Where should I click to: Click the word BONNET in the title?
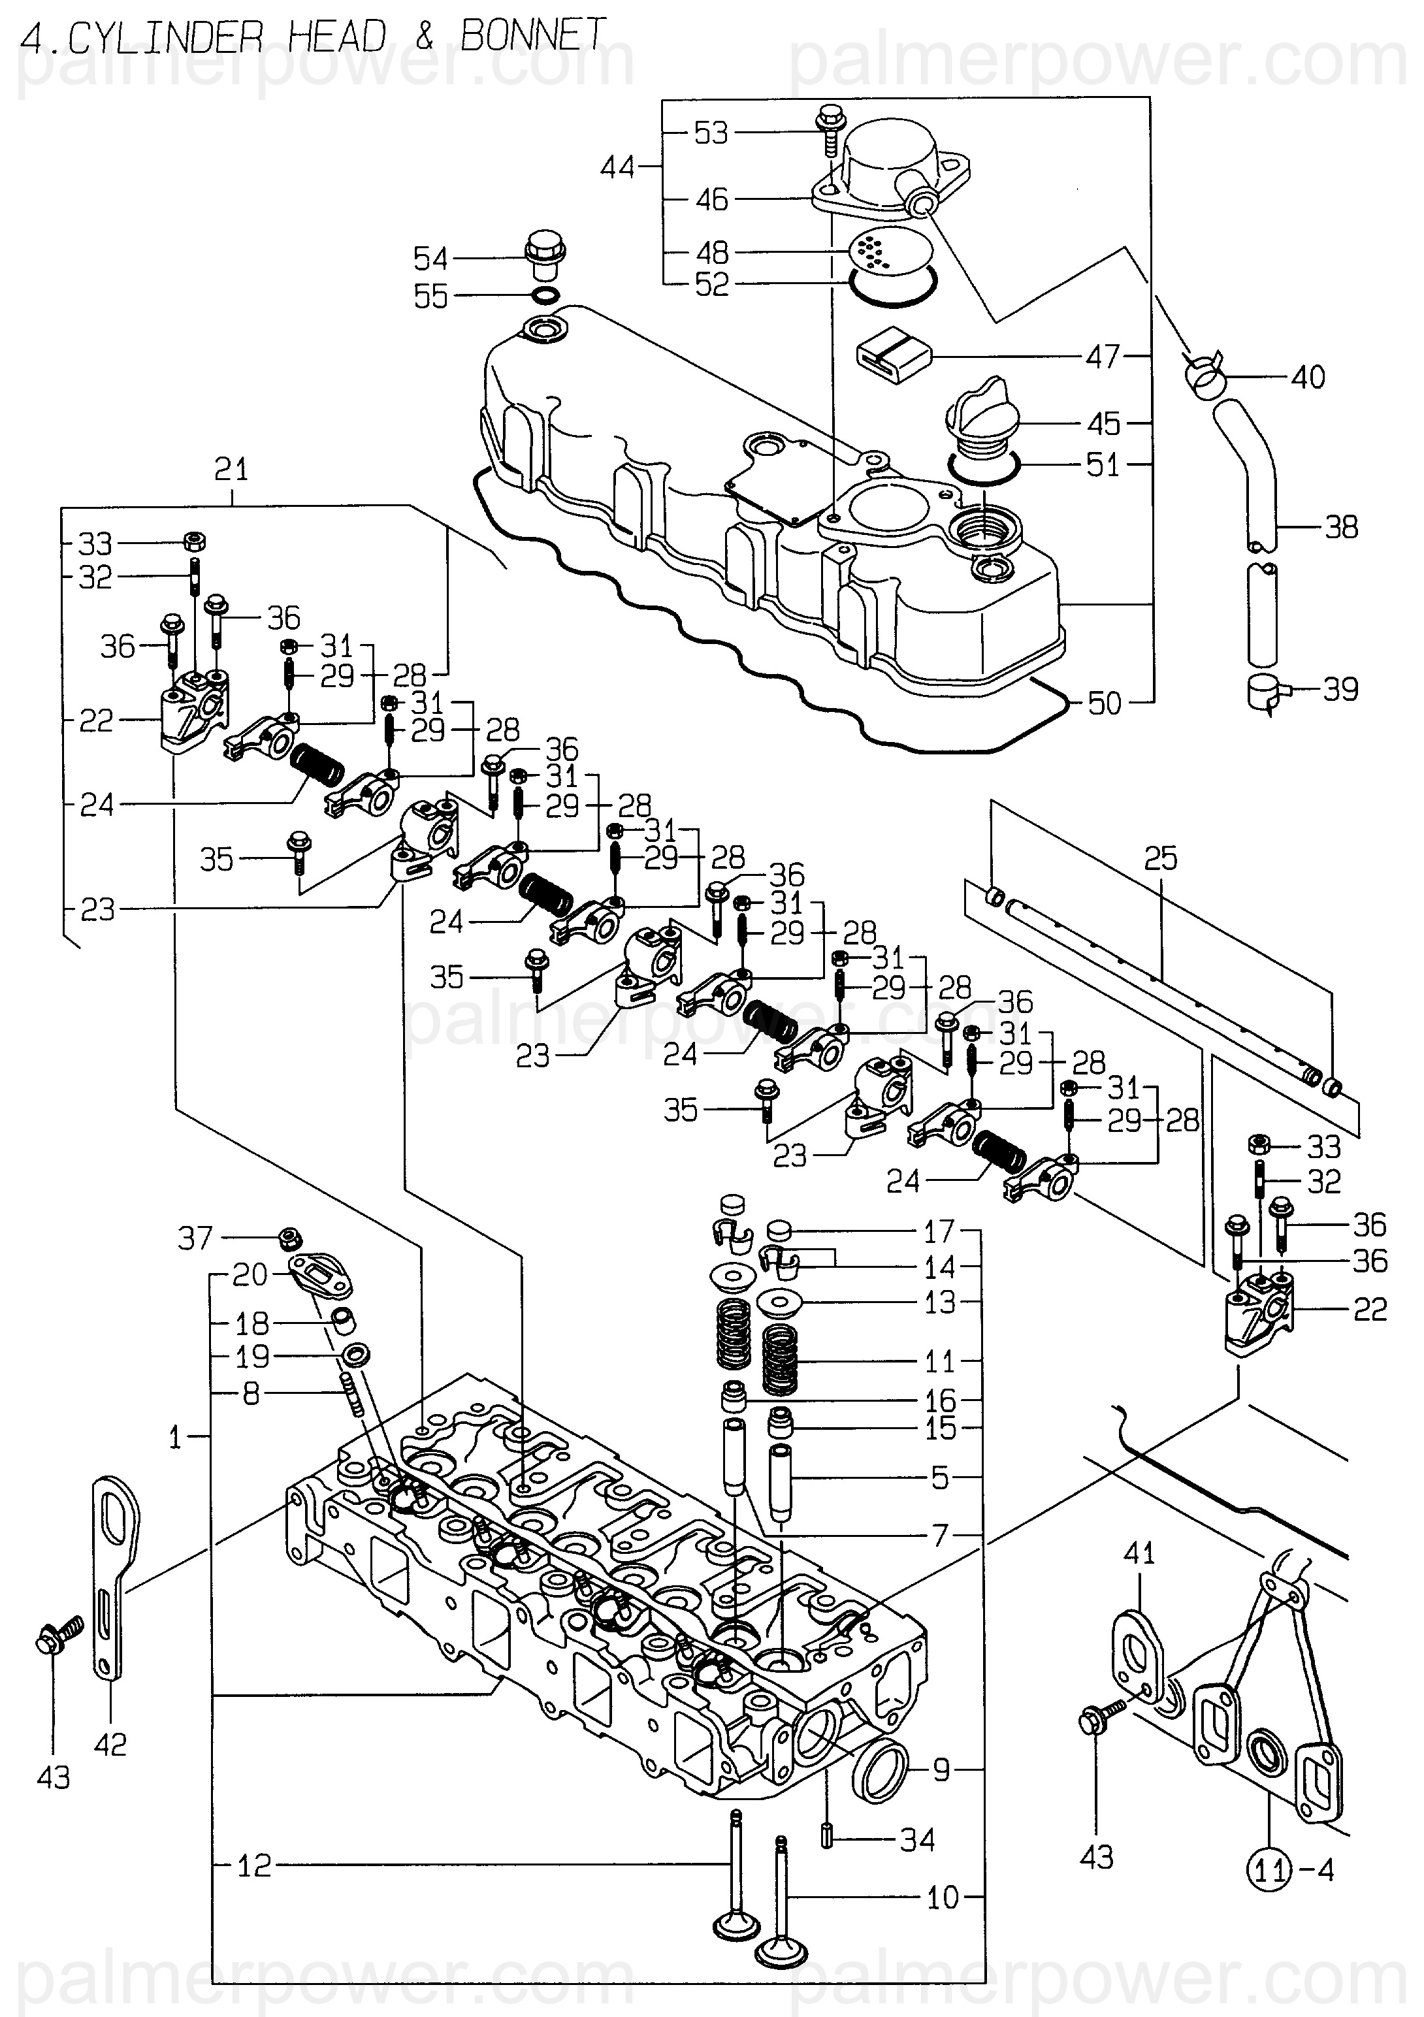pyautogui.click(x=532, y=36)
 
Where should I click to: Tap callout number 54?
pyautogui.click(x=430, y=259)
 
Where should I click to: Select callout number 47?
pyautogui.click(x=1103, y=357)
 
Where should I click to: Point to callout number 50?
pyautogui.click(x=1104, y=703)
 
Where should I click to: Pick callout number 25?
pyautogui.click(x=1161, y=858)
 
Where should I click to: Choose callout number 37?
pyautogui.click(x=195, y=1238)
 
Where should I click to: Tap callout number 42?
pyautogui.click(x=110, y=1744)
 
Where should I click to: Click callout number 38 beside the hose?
pyautogui.click(x=1340, y=527)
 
